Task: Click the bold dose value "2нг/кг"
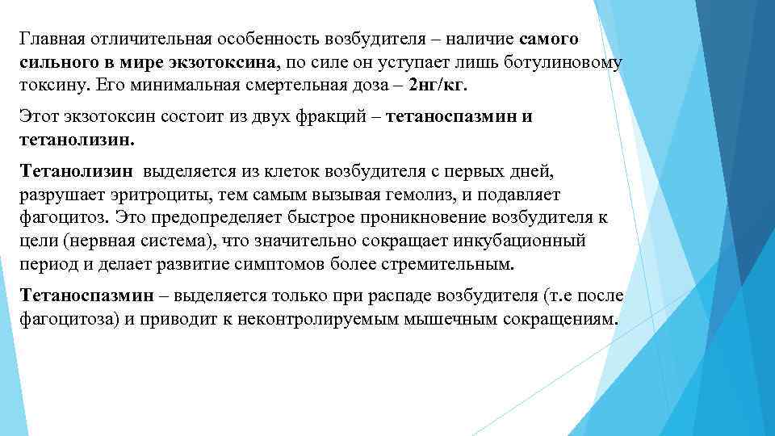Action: click(x=438, y=85)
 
